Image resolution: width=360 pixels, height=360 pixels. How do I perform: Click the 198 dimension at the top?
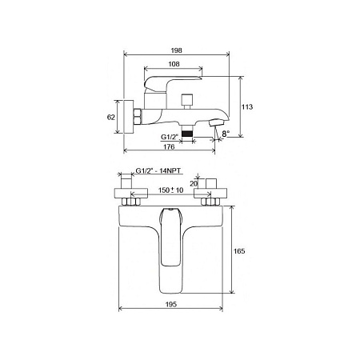click(x=176, y=50)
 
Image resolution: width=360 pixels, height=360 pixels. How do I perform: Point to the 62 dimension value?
click(x=112, y=118)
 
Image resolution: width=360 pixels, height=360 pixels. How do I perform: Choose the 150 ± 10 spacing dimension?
click(x=170, y=191)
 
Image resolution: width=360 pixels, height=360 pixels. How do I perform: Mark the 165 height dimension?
click(x=238, y=251)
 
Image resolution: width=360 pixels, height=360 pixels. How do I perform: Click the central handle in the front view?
click(x=170, y=240)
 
